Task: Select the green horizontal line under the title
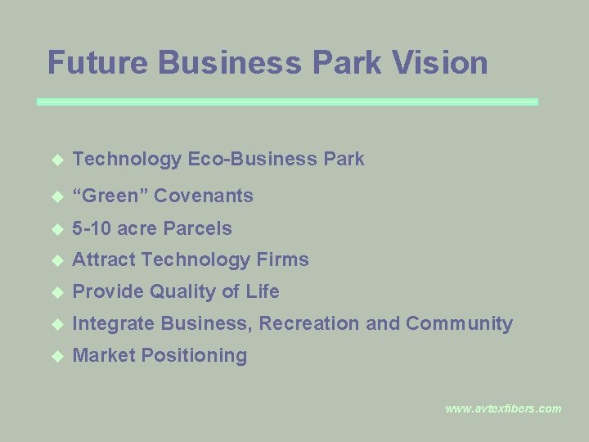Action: tap(288, 101)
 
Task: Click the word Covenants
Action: tap(204, 196)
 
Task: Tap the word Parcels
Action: tap(198, 228)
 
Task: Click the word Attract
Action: tap(104, 260)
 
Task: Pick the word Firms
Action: tap(283, 260)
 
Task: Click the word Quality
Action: tap(181, 292)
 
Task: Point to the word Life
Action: tap(263, 291)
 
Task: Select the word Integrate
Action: tap(114, 324)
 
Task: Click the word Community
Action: tap(459, 324)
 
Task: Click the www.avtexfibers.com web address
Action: tap(503, 408)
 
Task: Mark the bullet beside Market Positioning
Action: tap(56, 356)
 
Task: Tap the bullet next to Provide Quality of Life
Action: tap(56, 292)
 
